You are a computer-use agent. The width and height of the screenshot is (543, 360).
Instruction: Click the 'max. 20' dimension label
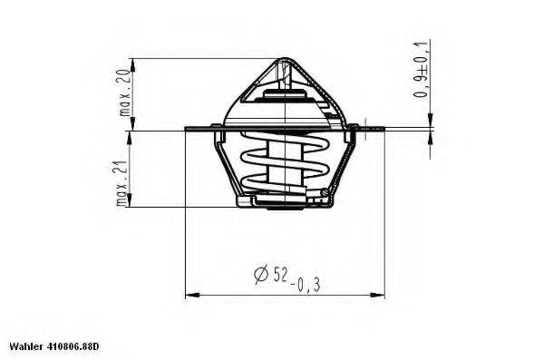point(124,94)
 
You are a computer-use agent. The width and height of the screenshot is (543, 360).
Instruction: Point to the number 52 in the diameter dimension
point(279,272)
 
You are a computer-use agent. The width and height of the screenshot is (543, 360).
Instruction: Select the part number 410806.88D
point(72,346)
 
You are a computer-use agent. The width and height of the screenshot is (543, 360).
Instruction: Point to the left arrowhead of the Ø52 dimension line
point(189,294)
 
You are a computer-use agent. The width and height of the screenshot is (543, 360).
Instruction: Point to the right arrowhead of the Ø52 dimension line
point(381,294)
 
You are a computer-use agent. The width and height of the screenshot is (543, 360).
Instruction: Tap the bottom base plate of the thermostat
point(284,201)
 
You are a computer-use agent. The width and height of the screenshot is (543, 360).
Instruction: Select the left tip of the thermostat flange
point(187,129)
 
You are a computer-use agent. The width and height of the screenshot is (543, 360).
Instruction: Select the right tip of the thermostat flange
point(383,129)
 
